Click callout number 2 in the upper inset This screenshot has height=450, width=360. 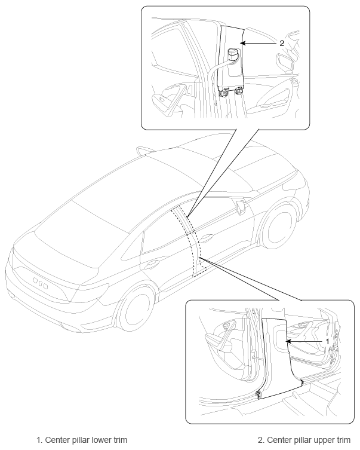pos(282,44)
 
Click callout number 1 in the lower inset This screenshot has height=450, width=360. pos(327,341)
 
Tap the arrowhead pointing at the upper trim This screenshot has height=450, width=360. pos(242,44)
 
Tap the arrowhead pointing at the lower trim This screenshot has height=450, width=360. pos(288,341)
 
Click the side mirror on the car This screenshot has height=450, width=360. pos(241,207)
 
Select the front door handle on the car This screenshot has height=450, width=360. pos(207,237)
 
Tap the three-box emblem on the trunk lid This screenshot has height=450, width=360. pos(40,283)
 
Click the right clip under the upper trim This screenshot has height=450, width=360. pos(238,91)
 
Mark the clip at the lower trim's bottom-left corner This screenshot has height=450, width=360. pos(259,394)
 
